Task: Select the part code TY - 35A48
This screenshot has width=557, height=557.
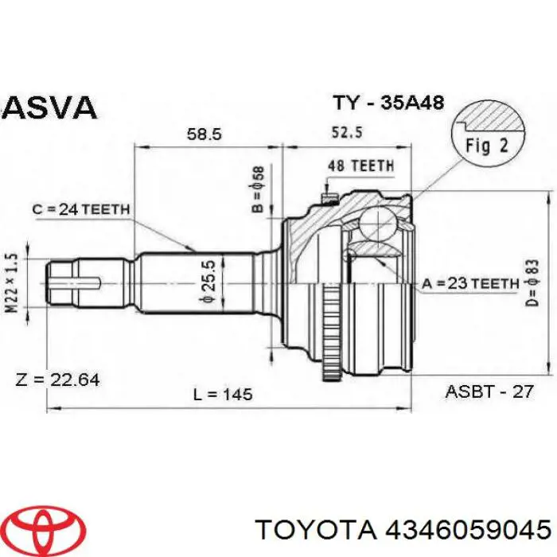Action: [x=387, y=103]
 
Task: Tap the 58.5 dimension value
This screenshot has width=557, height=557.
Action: [x=204, y=134]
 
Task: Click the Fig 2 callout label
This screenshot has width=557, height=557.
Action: [x=485, y=146]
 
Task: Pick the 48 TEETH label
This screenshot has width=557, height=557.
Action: [x=360, y=166]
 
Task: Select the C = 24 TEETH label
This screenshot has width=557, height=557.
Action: [x=80, y=210]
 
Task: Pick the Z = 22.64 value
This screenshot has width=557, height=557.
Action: [x=57, y=380]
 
